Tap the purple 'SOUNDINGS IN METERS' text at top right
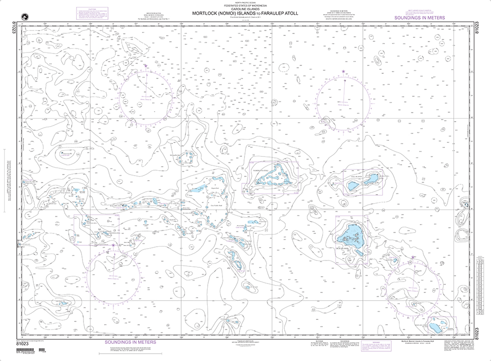point(420,18)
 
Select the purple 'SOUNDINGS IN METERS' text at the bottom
point(131,342)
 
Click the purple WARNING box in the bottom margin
point(378,346)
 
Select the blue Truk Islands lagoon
point(352,234)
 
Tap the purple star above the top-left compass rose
point(145,65)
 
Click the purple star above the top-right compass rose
point(344,73)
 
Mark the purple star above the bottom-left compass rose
point(114,245)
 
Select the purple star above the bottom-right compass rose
point(413,257)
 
